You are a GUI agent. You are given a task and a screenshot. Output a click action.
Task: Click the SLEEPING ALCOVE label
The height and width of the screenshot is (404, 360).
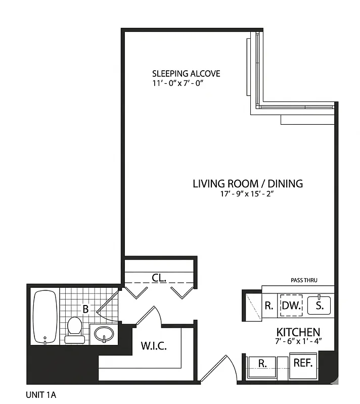186,74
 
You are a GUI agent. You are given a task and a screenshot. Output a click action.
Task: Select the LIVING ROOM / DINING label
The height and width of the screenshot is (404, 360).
247,183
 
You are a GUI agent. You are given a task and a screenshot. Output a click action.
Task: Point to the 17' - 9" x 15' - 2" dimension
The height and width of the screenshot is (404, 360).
247,193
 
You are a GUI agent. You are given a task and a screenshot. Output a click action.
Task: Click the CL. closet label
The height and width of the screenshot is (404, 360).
159,277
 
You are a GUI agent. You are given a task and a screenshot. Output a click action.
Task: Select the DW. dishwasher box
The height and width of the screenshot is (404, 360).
291,305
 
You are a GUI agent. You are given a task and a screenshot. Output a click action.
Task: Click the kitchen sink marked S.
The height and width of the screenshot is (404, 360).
320,305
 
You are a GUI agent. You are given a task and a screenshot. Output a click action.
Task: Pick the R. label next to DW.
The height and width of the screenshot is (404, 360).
269,305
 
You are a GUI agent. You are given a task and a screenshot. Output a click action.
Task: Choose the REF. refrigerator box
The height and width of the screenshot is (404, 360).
303,363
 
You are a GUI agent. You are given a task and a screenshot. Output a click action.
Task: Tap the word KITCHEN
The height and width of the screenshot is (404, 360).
298,332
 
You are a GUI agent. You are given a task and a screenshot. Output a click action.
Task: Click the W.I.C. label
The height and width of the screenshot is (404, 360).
153,346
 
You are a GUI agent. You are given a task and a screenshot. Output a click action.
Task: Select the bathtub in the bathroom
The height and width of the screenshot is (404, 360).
45,317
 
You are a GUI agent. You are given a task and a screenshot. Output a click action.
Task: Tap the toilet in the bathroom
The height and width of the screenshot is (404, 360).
75,329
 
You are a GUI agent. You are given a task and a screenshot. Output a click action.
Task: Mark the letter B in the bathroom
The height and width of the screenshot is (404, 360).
85,309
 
